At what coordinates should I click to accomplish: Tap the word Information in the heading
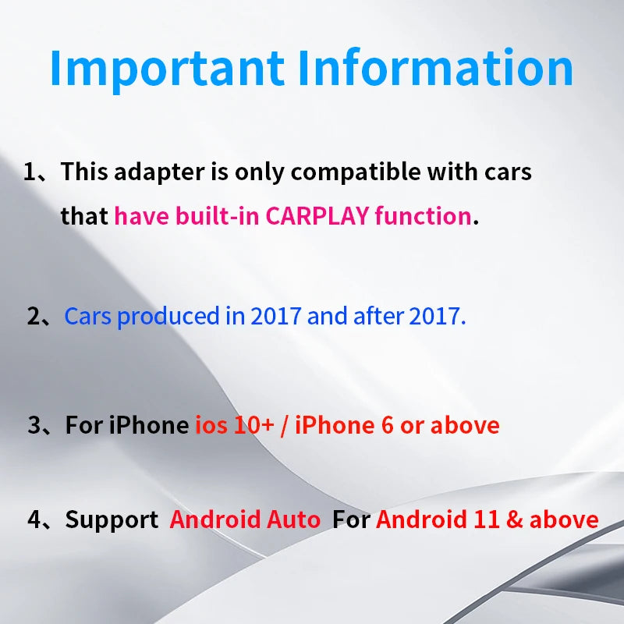(437, 68)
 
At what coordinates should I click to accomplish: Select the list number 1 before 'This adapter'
(32, 172)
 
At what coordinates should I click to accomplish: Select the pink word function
(423, 216)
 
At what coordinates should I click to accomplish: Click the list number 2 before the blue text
(35, 317)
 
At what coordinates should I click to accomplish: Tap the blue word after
(379, 317)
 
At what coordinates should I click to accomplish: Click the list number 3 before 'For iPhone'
(35, 426)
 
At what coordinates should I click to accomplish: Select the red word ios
(211, 426)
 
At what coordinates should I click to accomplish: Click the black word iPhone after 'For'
(149, 426)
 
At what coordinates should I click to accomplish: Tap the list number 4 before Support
(35, 519)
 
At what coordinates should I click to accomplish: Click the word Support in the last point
(111, 520)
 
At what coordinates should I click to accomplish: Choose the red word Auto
(295, 519)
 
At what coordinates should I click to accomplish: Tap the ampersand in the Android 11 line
(516, 519)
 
